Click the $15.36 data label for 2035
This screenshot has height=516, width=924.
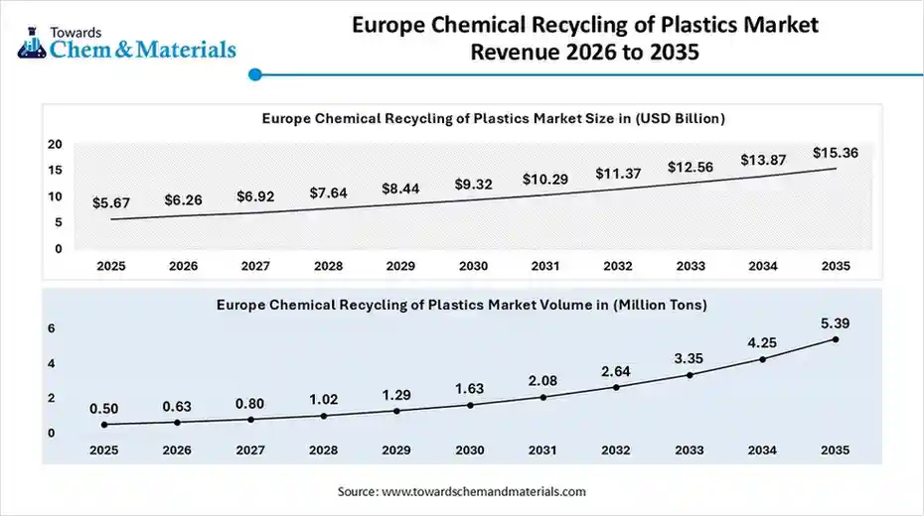coord(835,153)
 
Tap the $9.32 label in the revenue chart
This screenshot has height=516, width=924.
coord(474,184)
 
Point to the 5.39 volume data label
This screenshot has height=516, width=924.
coord(836,323)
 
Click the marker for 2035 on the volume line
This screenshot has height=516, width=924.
coord(836,339)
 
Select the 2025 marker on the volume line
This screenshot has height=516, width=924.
coord(104,425)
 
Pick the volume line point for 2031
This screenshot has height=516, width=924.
coord(543,397)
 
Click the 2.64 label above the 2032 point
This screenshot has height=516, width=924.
coord(616,371)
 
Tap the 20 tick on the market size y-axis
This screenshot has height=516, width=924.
coord(56,144)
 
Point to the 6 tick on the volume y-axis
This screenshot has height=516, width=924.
coord(52,328)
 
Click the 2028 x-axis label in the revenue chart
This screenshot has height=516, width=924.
coord(328,266)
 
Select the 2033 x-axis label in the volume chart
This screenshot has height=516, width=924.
coord(689,450)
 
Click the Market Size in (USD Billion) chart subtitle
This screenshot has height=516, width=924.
coord(493,118)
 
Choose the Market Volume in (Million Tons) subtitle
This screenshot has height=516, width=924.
coord(462,306)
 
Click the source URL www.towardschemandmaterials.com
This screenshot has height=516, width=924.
coord(484,491)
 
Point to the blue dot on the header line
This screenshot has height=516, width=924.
coord(255,73)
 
